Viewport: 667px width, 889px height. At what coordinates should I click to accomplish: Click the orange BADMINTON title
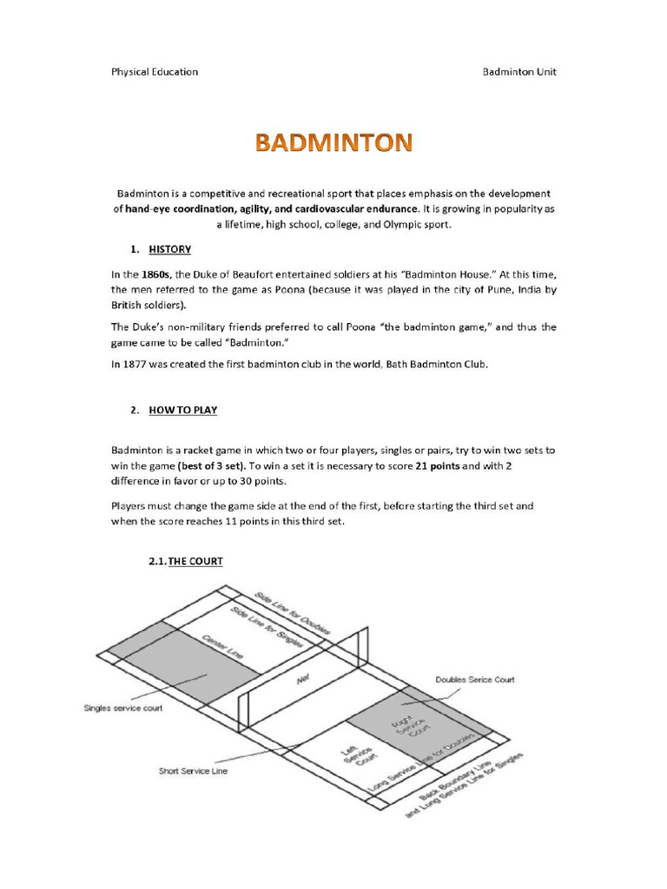pos(333,142)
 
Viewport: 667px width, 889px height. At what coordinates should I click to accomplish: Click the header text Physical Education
pos(155,71)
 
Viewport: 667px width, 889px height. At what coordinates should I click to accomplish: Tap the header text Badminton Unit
pos(519,71)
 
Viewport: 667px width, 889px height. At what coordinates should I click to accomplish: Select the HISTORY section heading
pos(169,249)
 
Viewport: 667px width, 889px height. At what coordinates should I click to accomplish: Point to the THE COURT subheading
pos(195,562)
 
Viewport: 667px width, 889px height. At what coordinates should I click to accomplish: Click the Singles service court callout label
pos(124,708)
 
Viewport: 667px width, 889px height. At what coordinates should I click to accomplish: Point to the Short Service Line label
pos(193,770)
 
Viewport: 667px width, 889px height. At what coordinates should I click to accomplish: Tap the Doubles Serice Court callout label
pos(475,679)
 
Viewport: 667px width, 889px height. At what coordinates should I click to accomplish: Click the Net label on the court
pos(303,681)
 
